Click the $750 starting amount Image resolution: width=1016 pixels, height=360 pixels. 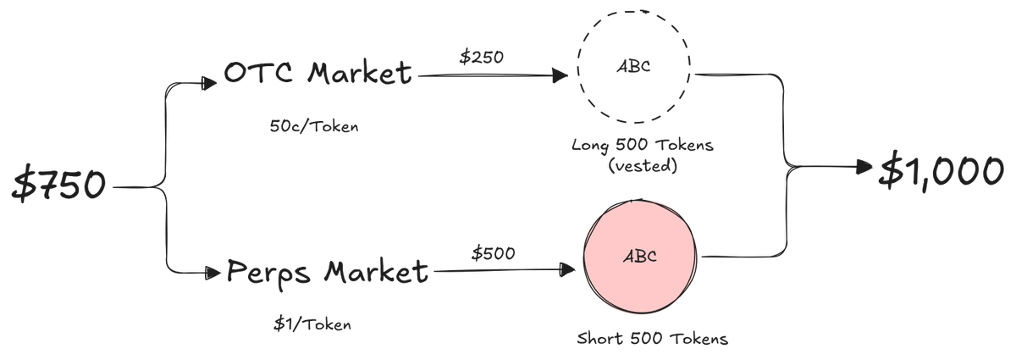[59, 184]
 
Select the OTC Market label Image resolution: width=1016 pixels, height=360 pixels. [318, 73]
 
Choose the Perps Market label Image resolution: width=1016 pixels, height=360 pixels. [327, 273]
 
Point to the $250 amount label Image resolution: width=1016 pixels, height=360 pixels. [481, 57]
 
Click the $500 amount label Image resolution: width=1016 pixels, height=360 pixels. [493, 253]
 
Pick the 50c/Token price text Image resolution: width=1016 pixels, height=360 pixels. [314, 125]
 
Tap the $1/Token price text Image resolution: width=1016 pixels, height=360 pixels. [312, 324]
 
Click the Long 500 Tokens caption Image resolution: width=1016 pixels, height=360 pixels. [643, 146]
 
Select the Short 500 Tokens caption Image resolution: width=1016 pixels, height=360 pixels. [652, 339]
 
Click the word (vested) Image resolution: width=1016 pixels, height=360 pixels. [643, 166]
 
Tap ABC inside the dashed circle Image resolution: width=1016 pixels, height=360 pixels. [633, 66]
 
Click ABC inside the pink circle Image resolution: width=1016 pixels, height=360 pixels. [640, 257]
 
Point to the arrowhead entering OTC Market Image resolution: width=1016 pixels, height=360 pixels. [209, 83]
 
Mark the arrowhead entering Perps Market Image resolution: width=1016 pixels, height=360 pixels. [213, 273]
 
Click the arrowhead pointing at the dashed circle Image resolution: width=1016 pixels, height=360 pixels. [560, 75]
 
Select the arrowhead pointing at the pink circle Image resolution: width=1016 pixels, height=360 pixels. [567, 269]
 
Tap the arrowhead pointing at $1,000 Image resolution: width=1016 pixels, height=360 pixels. [864, 167]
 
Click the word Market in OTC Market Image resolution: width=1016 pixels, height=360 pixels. [360, 73]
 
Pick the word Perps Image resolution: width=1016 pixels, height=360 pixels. [268, 274]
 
